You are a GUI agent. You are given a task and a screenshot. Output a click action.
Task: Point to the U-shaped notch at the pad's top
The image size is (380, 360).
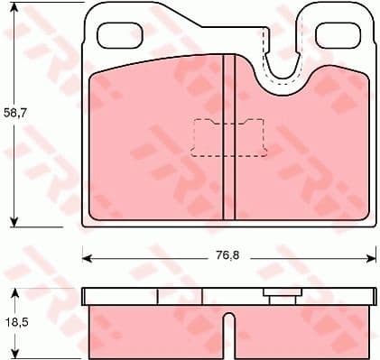coord(287,68)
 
